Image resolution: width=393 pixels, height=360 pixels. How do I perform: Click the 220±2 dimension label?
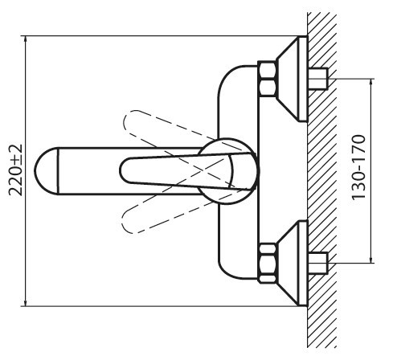[x=15, y=170]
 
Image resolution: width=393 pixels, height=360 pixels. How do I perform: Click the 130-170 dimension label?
[x=358, y=168]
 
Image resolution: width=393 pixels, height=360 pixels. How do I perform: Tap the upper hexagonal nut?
[x=268, y=79]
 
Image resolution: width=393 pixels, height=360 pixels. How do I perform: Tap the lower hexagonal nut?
[x=268, y=263]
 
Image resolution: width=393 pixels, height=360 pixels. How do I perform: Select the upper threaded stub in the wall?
[x=318, y=79]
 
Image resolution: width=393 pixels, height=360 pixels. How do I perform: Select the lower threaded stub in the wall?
[x=318, y=263]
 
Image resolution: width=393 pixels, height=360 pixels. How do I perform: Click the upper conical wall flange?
[x=292, y=79]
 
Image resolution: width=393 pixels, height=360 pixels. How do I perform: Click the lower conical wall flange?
[x=292, y=264]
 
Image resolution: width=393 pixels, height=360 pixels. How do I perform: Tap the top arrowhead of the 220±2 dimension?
[x=25, y=39]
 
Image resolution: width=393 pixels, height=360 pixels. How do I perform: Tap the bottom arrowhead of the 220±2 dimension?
[x=25, y=303]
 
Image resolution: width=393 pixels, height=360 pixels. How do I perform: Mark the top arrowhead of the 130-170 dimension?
[x=371, y=82]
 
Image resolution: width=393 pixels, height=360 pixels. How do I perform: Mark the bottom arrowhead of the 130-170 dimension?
[x=371, y=260]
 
